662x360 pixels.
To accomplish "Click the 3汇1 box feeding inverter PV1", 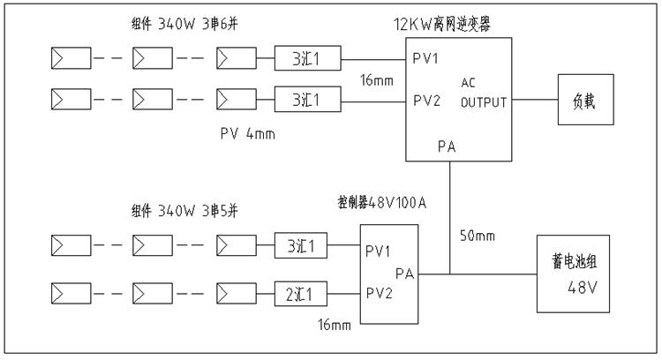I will pos(308,60).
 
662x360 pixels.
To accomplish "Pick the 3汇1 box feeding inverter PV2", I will pos(308,100).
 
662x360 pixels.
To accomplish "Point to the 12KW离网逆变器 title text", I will pos(441,26).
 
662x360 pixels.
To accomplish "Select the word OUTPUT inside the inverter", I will pos(484,101).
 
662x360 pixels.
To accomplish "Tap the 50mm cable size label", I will pos(478,236).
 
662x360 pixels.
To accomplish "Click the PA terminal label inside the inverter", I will pos(447,146).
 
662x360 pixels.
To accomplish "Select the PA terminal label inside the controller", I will pos(405,274).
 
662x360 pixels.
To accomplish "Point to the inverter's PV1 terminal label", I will pos(428,60).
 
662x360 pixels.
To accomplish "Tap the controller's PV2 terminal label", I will pos(381,292).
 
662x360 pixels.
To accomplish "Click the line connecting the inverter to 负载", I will pos(535,100).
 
